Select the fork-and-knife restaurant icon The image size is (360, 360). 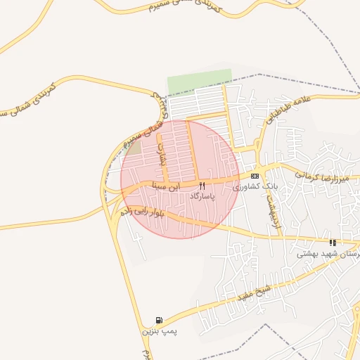202,186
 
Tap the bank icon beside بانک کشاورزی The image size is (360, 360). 255,176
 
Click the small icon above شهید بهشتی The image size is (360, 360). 332,243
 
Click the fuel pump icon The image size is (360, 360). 159,320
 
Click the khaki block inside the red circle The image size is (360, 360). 134,149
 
